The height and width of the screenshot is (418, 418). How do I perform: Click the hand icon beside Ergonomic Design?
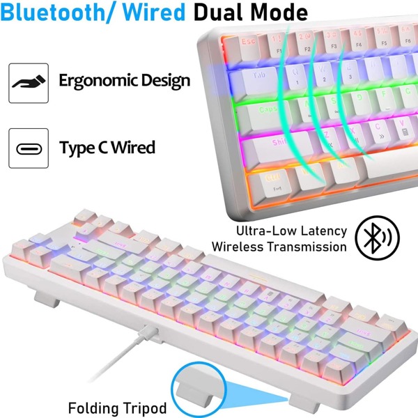click(29, 81)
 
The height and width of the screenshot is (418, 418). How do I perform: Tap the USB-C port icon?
click(29, 148)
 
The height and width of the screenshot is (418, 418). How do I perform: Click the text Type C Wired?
click(107, 148)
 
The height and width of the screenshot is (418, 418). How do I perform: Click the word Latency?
click(321, 231)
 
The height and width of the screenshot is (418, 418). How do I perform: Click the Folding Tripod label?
click(118, 407)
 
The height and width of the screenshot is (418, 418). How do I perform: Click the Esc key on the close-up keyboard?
click(248, 42)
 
